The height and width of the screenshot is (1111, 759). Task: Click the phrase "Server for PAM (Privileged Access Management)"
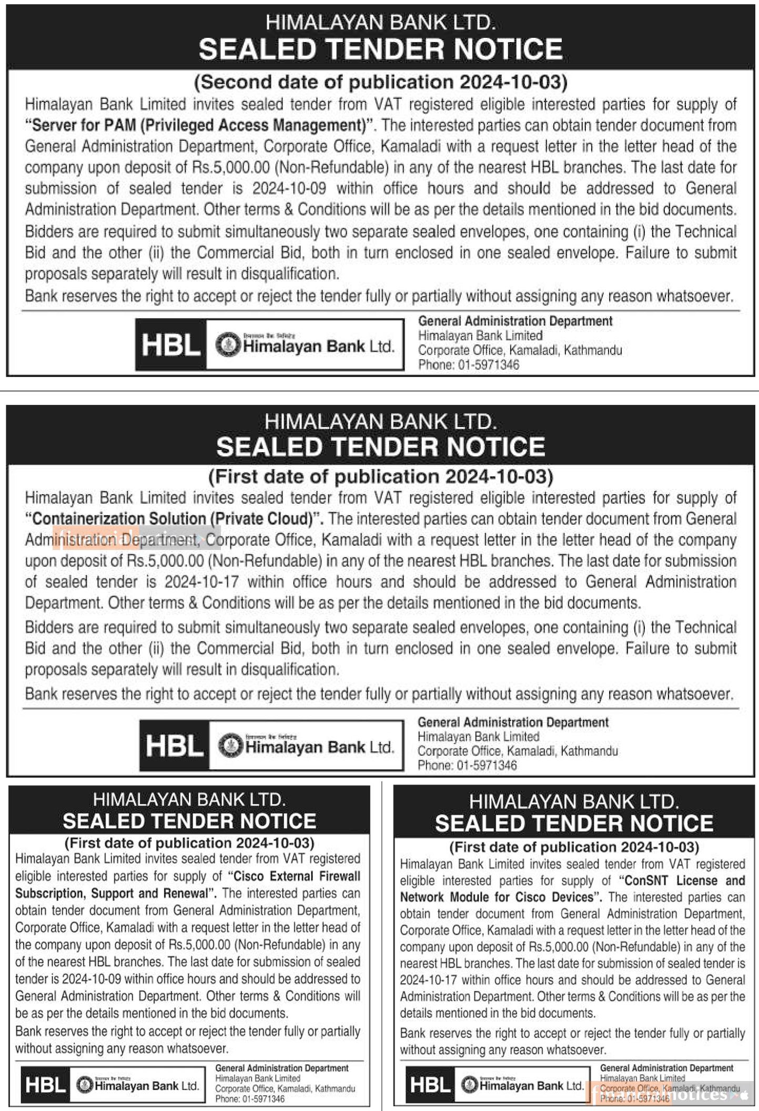[199, 125]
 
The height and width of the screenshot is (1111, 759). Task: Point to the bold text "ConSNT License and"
[682, 880]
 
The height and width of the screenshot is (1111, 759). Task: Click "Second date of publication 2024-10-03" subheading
[381, 82]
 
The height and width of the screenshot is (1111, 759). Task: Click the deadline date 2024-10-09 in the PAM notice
[289, 188]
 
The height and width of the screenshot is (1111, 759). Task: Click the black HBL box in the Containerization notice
[174, 746]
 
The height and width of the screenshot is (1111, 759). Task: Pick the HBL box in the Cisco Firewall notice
[45, 1085]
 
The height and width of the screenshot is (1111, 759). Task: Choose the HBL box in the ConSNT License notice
[430, 1085]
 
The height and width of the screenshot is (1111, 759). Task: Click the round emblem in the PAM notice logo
[228, 345]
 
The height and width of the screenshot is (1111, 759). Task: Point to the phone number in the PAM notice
[486, 365]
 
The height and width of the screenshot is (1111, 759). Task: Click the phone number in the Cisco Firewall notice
[263, 1099]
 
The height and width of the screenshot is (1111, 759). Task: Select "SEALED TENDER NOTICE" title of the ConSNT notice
[574, 823]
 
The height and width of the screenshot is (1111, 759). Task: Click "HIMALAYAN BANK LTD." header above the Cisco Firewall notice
[189, 800]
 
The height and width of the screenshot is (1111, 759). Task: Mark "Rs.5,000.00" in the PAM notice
[231, 167]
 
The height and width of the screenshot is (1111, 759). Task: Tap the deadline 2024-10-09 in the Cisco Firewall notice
[92, 979]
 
